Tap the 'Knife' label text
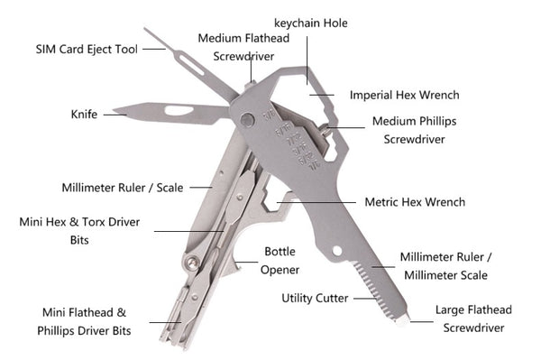84,114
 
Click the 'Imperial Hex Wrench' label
405,94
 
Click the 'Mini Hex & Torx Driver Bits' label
75,230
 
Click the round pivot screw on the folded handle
191,263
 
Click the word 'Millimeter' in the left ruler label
93,189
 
